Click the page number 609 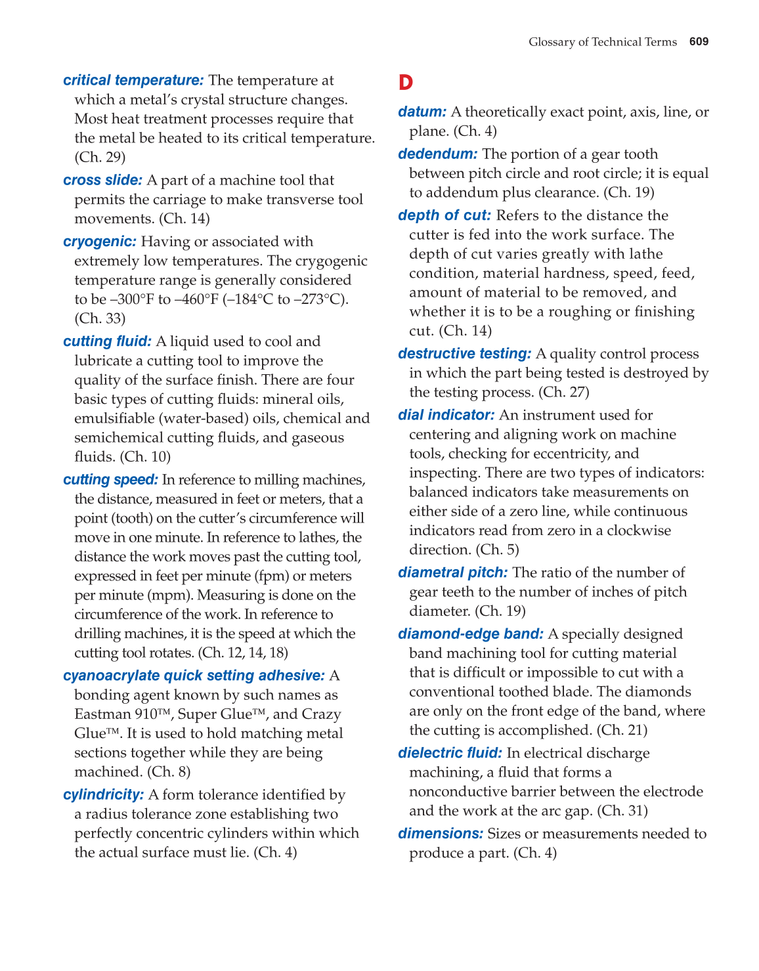[x=699, y=42]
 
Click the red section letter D [x=406, y=83]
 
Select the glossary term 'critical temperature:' [x=133, y=80]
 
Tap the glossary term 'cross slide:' [x=102, y=180]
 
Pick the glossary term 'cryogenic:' [x=100, y=242]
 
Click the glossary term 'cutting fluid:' [x=107, y=341]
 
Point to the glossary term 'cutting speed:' [x=110, y=480]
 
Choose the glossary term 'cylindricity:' [x=103, y=795]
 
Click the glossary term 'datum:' [x=422, y=112]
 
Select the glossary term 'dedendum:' [x=437, y=154]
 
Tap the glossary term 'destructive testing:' [x=464, y=354]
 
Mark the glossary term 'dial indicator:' [x=446, y=415]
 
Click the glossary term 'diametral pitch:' [x=452, y=572]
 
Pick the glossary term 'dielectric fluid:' [x=450, y=753]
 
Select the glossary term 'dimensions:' [x=441, y=834]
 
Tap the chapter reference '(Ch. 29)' [x=100, y=158]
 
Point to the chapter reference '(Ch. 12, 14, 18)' [x=243, y=653]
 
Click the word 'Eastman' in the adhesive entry [x=102, y=714]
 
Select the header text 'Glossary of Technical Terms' [x=602, y=42]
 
